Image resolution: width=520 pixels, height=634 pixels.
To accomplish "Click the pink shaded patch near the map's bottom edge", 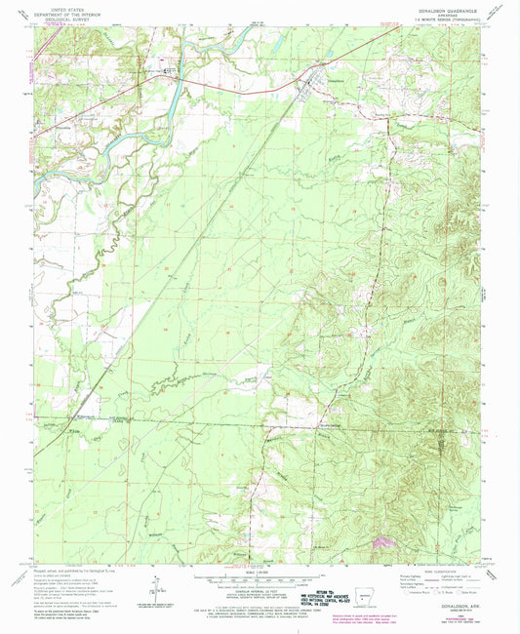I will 382,539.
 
